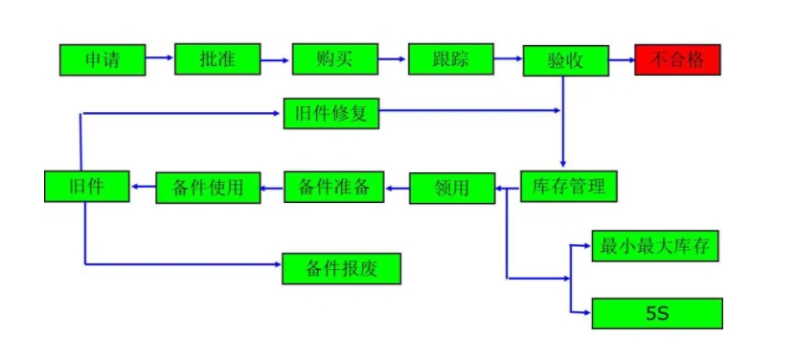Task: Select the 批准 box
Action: pos(217,59)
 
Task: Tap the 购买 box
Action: pos(334,59)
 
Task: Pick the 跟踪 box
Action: pos(450,59)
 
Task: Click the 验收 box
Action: pos(565,60)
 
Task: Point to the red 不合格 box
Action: pos(677,59)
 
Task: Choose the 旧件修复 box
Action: pos(331,113)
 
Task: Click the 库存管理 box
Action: pos(569,186)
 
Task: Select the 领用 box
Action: pos(452,188)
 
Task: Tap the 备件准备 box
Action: pos(333,186)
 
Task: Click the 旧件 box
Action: pos(86,186)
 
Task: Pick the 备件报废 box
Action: pos(341,268)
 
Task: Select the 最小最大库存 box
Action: pos(655,246)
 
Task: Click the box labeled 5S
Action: pos(657,313)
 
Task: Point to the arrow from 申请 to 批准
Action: pos(159,60)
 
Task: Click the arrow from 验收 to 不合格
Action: pos(622,60)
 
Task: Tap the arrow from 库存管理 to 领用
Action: pos(507,189)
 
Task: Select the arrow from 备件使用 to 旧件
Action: pos(142,187)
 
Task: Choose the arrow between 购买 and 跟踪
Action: pos(392,60)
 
